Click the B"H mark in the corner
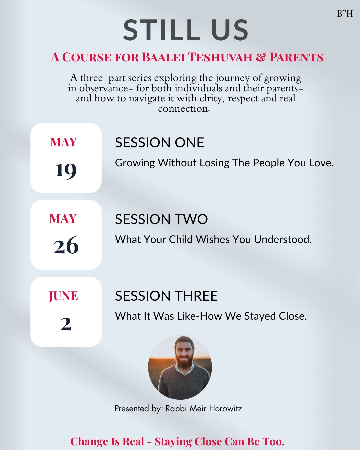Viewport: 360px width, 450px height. tap(345, 14)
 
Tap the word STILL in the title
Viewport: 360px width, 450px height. tap(161, 30)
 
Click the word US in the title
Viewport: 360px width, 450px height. tap(230, 30)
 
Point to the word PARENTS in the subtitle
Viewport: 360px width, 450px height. tap(297, 57)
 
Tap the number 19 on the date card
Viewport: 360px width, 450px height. tap(66, 171)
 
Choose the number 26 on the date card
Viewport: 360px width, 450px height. tap(66, 245)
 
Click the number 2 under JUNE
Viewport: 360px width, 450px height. tap(66, 324)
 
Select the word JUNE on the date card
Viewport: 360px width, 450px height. tap(63, 296)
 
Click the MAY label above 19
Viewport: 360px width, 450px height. tap(63, 142)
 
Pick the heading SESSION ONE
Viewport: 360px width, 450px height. tap(159, 143)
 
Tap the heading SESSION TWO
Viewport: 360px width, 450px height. tap(161, 219)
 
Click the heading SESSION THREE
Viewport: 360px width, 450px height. tap(167, 296)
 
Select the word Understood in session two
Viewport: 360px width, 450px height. tap(283, 239)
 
